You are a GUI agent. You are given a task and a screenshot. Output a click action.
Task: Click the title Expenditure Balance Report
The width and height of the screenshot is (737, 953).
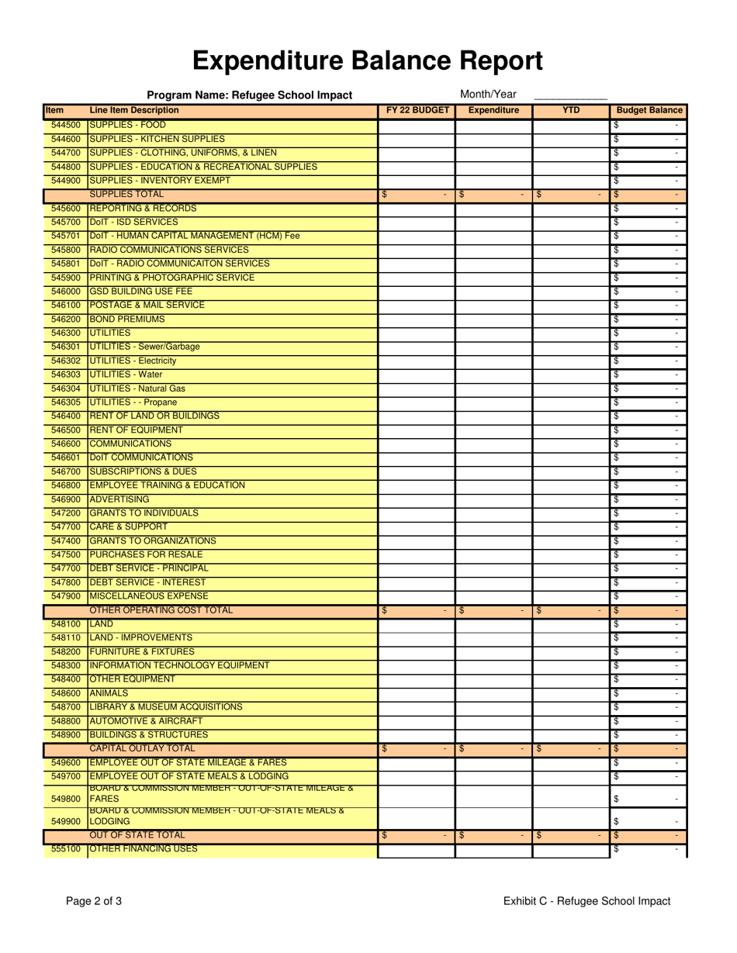click(368, 60)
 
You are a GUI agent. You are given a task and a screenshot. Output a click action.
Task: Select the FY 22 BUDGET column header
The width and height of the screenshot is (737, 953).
click(417, 111)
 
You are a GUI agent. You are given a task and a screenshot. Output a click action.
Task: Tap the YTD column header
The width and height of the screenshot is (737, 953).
click(571, 111)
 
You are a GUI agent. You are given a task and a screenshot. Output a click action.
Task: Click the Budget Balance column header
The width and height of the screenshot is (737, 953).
click(649, 111)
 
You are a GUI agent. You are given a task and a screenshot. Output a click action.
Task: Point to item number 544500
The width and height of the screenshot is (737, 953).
click(66, 125)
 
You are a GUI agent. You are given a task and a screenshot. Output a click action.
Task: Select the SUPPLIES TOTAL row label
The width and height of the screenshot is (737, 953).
click(126, 194)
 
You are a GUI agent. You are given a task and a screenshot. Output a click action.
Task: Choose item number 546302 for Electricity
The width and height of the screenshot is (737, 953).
click(66, 361)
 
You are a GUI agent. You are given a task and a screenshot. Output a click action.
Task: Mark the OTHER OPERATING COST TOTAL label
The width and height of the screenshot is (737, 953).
click(161, 610)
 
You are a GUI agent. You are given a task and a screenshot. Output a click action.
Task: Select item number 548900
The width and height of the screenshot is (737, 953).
click(66, 734)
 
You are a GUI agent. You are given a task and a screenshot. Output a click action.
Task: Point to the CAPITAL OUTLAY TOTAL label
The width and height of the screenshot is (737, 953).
click(143, 748)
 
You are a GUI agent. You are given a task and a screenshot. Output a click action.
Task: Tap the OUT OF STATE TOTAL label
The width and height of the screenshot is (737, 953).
click(137, 835)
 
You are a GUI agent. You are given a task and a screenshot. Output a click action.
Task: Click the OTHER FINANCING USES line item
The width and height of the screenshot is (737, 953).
click(144, 849)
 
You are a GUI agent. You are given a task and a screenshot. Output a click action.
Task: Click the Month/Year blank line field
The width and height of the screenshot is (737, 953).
click(570, 95)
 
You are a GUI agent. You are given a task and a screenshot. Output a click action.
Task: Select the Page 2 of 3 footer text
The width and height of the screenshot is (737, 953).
click(94, 901)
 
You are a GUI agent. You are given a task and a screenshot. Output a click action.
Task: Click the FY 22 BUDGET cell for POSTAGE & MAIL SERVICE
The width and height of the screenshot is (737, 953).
click(416, 306)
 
